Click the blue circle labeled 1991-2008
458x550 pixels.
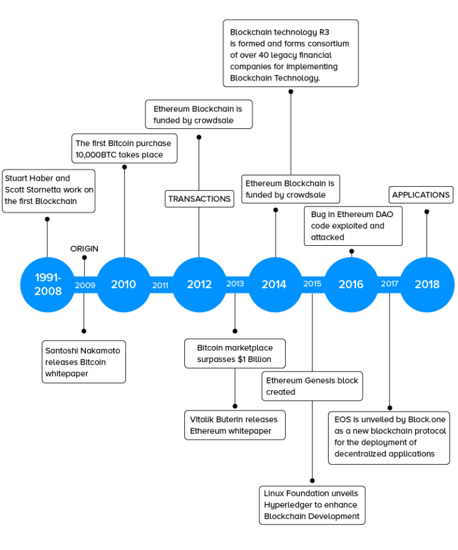48,285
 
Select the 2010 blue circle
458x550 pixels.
123,285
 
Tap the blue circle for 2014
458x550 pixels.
274,285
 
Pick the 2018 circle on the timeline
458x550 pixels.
426,285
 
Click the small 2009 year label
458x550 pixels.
85,285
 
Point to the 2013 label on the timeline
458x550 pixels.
235,284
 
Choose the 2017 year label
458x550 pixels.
389,284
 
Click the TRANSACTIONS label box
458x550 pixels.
199,199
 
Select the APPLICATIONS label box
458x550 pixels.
421,195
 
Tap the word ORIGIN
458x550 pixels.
84,249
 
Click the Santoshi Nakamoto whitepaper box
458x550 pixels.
83,362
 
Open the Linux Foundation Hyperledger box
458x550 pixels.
312,505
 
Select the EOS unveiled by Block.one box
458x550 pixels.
389,437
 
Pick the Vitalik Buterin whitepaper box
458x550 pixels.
234,425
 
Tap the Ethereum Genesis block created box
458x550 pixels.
312,386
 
